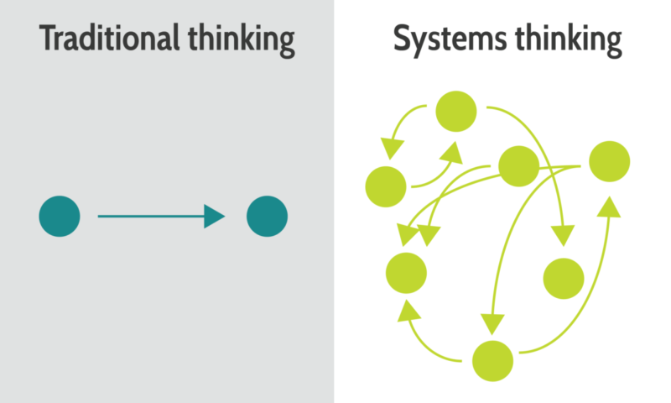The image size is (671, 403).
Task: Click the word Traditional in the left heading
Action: click(109, 38)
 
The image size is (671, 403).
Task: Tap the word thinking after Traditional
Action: click(242, 40)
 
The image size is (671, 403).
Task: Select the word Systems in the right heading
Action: click(450, 40)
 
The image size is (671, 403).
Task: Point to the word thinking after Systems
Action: click(569, 40)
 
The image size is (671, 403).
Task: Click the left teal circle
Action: click(60, 217)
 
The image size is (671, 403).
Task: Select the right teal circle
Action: click(267, 217)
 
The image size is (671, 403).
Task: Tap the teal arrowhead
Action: click(214, 217)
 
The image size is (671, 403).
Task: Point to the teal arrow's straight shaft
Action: click(151, 217)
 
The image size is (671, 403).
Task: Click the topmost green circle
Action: click(456, 112)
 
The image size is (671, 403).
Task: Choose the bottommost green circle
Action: click(492, 361)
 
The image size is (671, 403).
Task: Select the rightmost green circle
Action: click(610, 161)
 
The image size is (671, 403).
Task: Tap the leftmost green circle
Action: click(386, 186)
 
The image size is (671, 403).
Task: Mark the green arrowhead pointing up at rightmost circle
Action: click(609, 207)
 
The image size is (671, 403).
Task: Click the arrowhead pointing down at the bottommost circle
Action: click(492, 324)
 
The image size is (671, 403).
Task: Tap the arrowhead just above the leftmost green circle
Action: click(392, 148)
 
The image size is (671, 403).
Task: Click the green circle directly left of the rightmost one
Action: click(518, 166)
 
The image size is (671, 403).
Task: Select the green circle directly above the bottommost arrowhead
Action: click(406, 273)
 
